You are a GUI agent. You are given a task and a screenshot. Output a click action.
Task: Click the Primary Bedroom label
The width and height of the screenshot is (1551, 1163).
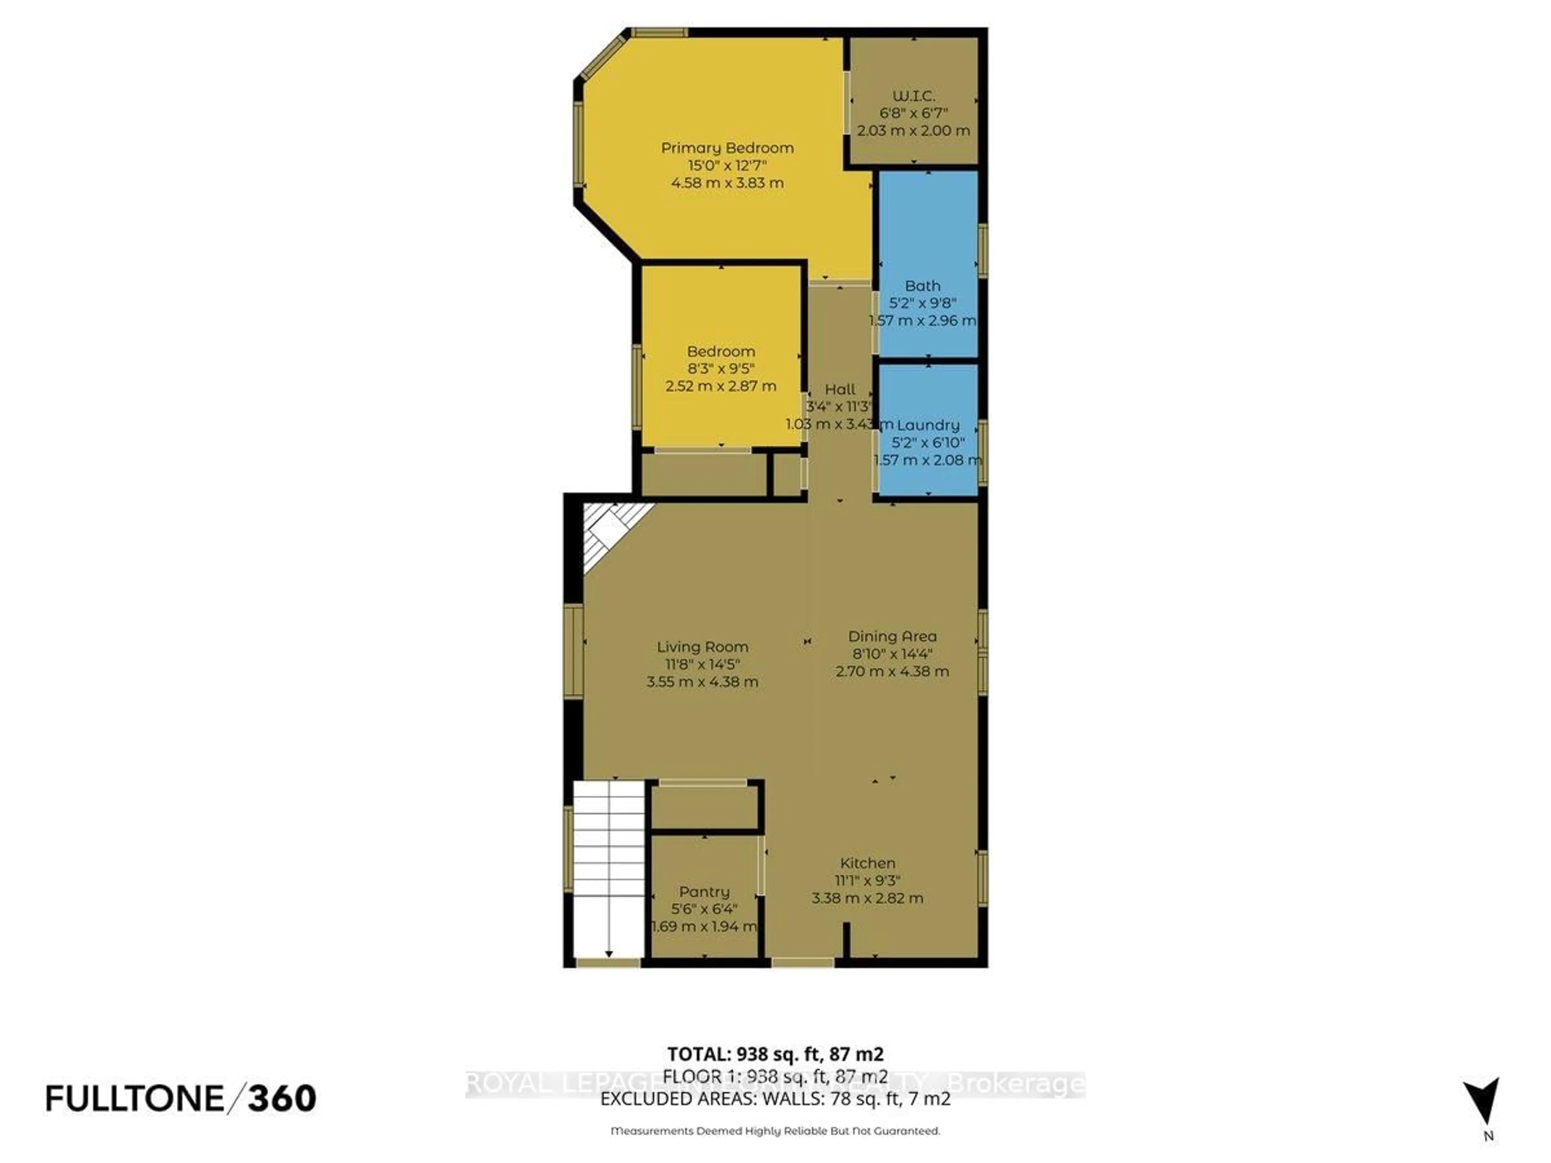pyautogui.click(x=727, y=148)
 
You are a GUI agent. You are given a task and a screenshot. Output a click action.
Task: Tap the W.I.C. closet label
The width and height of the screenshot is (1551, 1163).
pyautogui.click(x=914, y=96)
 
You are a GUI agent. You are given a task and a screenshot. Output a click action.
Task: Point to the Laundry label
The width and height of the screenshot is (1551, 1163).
pyautogui.click(x=928, y=425)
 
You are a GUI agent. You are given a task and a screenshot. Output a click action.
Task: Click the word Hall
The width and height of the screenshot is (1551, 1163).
pyautogui.click(x=839, y=389)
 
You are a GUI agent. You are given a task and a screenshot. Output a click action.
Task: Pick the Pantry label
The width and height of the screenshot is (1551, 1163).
pyautogui.click(x=704, y=892)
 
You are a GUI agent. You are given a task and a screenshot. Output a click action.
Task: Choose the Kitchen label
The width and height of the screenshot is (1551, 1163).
pyautogui.click(x=867, y=863)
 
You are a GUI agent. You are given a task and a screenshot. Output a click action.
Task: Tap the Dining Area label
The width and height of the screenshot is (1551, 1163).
pyautogui.click(x=892, y=636)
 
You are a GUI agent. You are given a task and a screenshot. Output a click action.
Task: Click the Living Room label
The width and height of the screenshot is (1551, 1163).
pyautogui.click(x=702, y=647)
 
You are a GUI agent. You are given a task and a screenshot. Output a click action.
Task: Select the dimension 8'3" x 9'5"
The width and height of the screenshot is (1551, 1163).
pyautogui.click(x=721, y=369)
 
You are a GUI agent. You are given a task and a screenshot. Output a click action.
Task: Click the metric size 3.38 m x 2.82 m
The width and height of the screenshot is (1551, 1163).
pyautogui.click(x=867, y=898)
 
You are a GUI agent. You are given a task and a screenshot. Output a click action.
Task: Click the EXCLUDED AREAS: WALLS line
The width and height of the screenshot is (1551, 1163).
pyautogui.click(x=775, y=1098)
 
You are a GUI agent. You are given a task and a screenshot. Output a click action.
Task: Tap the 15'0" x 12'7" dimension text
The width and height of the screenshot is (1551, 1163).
pyautogui.click(x=727, y=166)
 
